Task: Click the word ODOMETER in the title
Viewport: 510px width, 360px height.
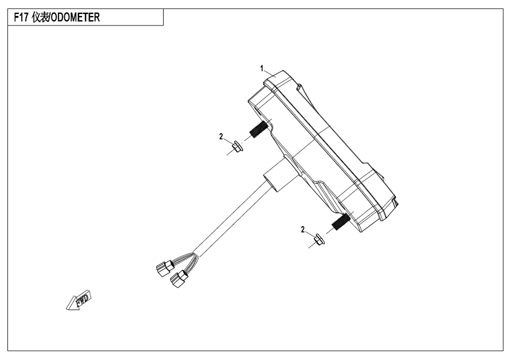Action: [x=75, y=17]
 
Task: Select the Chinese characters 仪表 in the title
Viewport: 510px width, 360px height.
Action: [x=40, y=17]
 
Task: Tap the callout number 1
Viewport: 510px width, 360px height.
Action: [x=261, y=68]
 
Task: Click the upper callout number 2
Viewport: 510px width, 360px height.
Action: [x=221, y=136]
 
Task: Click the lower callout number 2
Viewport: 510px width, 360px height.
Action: [x=303, y=230]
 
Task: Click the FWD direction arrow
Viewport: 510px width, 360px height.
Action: [x=79, y=300]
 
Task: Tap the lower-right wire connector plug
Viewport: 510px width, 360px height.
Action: [x=179, y=279]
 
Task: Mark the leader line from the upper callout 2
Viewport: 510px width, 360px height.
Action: [x=228, y=140]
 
